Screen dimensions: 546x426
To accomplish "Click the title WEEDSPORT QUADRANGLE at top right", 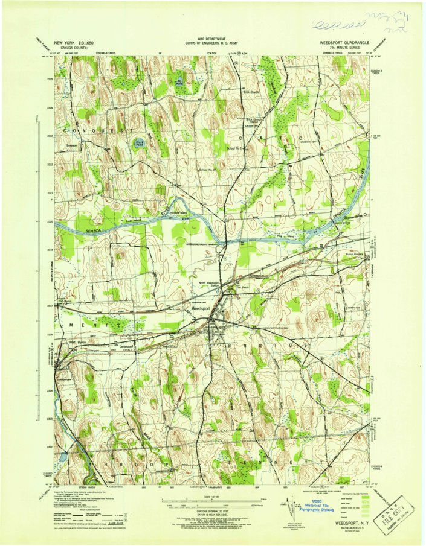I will click(344, 43).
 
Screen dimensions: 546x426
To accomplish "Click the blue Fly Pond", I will click(179, 83).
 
